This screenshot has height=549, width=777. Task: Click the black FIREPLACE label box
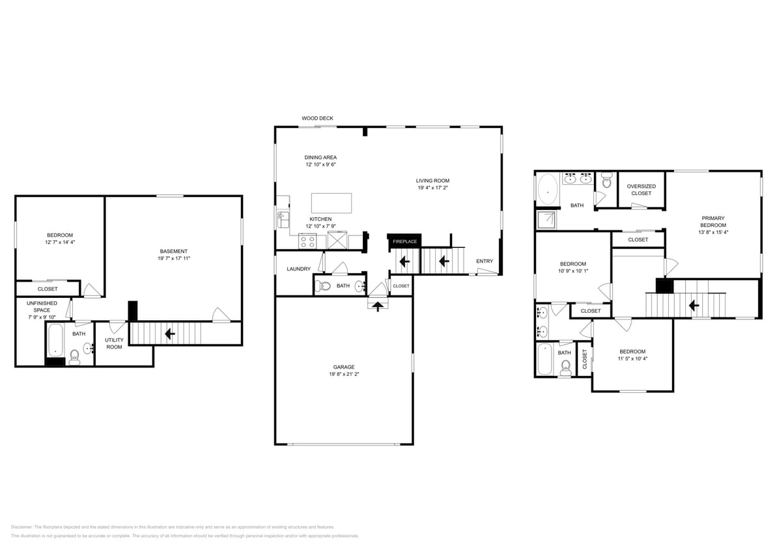click(404, 241)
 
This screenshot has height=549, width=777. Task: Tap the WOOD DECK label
click(317, 118)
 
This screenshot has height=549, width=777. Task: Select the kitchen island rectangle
click(332, 203)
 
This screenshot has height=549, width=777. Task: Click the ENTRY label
click(485, 261)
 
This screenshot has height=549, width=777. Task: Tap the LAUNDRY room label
click(298, 269)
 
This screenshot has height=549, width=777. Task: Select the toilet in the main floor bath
click(325, 286)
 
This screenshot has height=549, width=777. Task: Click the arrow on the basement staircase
click(170, 334)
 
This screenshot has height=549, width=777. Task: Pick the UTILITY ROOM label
click(114, 343)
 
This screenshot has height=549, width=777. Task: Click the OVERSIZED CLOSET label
click(641, 189)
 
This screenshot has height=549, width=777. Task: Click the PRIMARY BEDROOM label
click(713, 221)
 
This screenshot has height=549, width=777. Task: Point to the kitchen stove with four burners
click(307, 242)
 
